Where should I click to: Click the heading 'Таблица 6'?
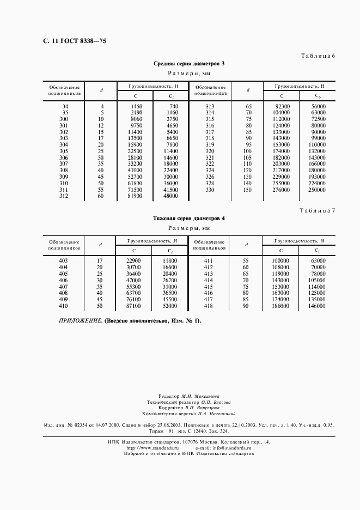(x=318, y=56)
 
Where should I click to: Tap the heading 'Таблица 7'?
(x=318, y=210)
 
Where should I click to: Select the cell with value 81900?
(x=133, y=196)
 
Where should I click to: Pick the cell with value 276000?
(x=281, y=190)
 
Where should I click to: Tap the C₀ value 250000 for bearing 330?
(x=318, y=190)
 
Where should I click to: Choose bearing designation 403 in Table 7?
(x=64, y=261)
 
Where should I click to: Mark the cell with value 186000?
(x=281, y=307)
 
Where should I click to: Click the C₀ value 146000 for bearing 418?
(x=318, y=307)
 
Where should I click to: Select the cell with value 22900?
(x=133, y=261)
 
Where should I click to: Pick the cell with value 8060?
(x=135, y=119)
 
